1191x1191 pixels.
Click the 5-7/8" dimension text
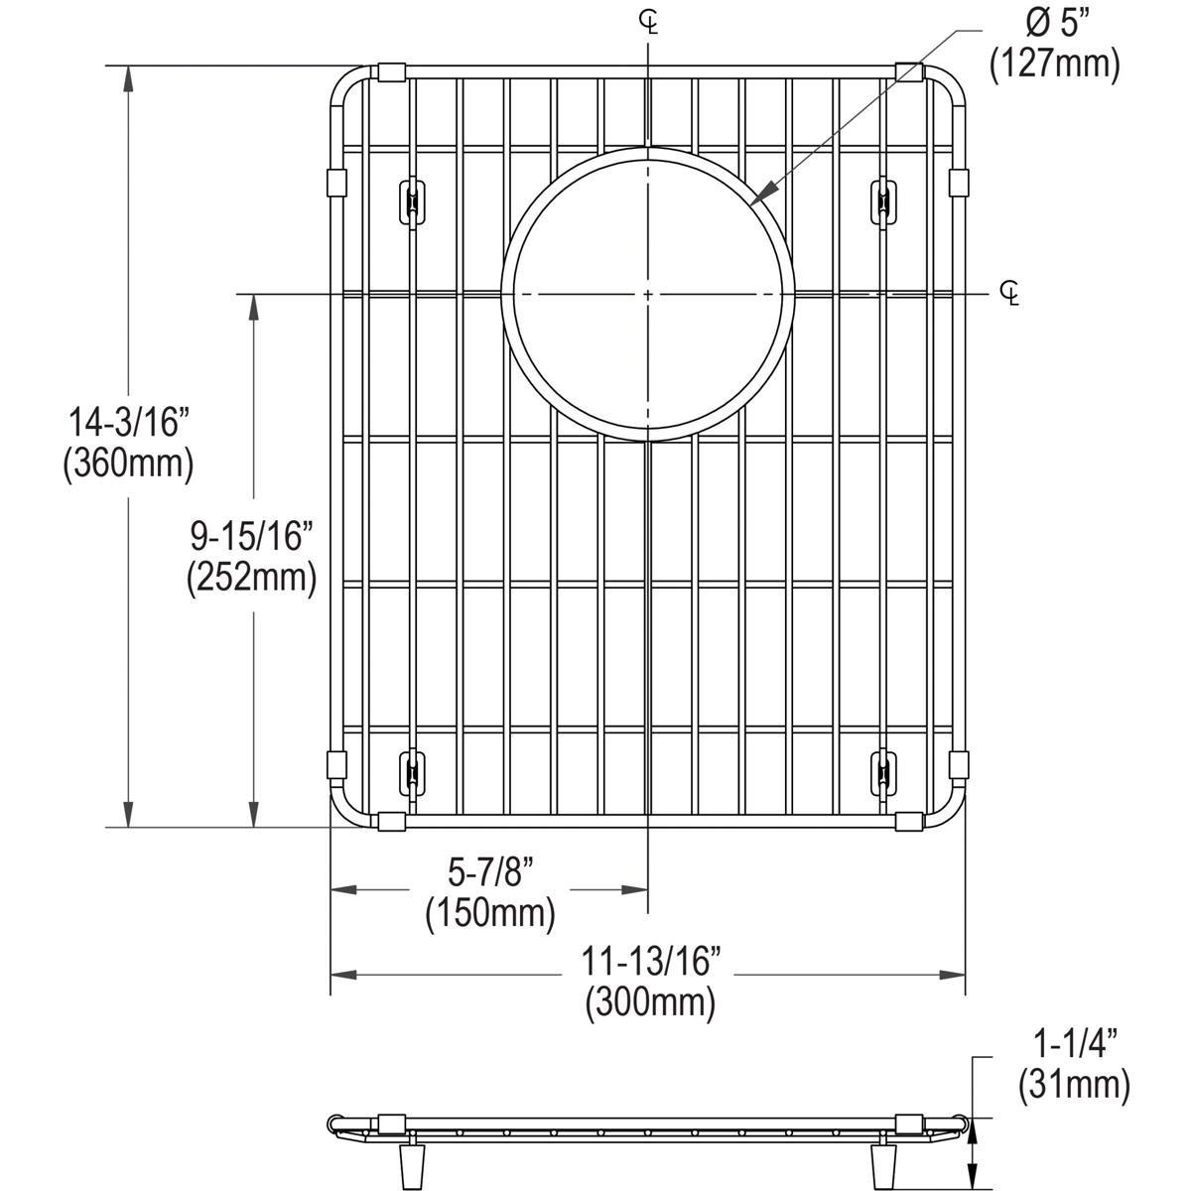(x=490, y=872)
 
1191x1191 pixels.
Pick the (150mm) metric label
(x=490, y=912)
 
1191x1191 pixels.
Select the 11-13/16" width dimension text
(x=650, y=961)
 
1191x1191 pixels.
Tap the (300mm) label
(x=650, y=1001)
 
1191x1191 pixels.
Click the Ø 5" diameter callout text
(x=1053, y=22)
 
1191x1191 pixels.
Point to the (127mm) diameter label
(x=1054, y=64)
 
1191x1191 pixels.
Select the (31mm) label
(x=1073, y=1084)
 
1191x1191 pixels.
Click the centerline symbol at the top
(x=648, y=22)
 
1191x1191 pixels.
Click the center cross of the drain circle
(x=647, y=295)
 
